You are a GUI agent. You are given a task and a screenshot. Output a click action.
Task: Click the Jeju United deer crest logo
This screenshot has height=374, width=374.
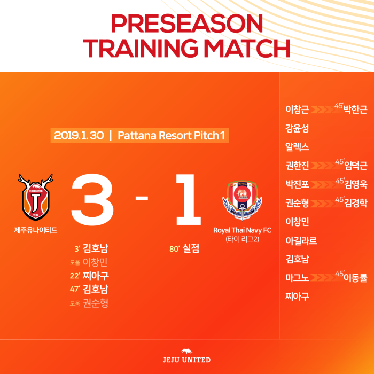coord(36,197)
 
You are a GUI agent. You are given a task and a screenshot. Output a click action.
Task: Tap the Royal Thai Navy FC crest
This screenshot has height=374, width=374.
coord(242,200)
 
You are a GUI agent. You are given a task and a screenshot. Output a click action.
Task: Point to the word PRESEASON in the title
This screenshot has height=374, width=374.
coord(187,24)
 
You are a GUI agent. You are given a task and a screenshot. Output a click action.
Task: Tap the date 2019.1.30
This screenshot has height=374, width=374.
coord(79,136)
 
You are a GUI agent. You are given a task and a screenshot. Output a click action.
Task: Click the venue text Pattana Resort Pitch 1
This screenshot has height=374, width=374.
coord(172,136)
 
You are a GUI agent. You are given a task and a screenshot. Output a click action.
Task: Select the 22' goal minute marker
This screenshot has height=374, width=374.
coord(75,276)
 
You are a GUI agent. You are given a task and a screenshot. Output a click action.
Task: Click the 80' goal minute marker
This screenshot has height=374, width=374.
coord(174,249)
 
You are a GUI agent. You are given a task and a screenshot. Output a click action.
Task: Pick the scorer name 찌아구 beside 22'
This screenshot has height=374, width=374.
coord(96,276)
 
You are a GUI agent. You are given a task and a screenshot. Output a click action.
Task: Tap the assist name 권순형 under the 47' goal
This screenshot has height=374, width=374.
coord(96,303)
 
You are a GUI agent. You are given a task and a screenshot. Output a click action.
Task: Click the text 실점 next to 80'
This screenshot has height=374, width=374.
coord(191,248)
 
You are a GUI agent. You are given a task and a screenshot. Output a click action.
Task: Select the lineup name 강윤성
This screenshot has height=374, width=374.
coord(297,128)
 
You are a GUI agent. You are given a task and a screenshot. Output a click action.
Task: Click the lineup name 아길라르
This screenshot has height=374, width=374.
coord(301,240)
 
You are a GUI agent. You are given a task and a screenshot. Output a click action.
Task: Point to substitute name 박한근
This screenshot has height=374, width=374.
coord(355,109)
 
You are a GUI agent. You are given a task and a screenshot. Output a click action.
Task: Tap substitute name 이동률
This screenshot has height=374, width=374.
coord(355,278)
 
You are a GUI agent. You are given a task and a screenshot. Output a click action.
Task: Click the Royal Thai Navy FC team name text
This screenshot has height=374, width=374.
coord(242,230)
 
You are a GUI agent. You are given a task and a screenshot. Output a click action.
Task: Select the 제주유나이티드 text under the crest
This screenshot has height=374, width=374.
coord(36,230)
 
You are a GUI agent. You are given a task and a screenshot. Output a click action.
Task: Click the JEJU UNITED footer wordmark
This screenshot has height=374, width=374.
coord(187,360)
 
